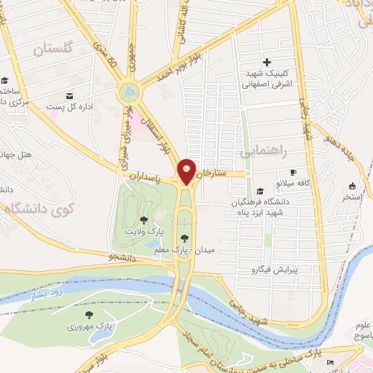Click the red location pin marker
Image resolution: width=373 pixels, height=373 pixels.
(187, 170)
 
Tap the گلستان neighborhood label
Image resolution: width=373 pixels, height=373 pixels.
(55, 50)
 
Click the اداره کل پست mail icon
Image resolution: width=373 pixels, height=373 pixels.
(69, 95)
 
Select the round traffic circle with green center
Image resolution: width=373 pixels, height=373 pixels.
(129, 92)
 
